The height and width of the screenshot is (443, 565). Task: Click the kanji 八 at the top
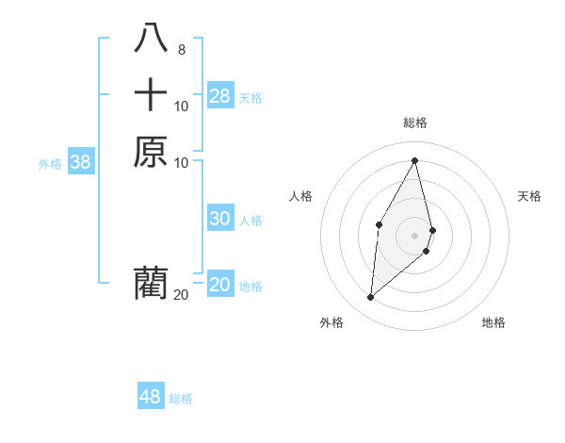(x=151, y=39)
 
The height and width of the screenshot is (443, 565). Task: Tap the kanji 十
(x=151, y=95)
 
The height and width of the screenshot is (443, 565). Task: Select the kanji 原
(x=151, y=152)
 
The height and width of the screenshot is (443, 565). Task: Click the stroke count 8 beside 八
(x=181, y=50)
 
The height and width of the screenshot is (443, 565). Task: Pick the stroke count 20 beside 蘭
(x=181, y=295)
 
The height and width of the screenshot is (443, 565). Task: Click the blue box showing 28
(x=220, y=96)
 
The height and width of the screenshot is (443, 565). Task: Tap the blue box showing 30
(x=220, y=219)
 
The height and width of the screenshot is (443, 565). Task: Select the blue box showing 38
(x=81, y=162)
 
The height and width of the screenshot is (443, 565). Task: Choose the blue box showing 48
(x=151, y=397)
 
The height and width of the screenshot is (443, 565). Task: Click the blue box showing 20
(x=220, y=285)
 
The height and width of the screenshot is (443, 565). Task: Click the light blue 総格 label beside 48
(x=181, y=399)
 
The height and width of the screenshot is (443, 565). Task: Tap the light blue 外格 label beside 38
(x=50, y=164)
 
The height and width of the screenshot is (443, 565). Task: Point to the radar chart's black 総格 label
(x=415, y=123)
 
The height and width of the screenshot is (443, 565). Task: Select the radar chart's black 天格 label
(x=529, y=196)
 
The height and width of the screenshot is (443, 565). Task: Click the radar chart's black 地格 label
(x=493, y=322)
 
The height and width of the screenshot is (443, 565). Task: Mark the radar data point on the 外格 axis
(x=371, y=298)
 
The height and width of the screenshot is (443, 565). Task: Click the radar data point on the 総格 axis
(x=415, y=160)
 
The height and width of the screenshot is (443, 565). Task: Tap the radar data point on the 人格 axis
(x=379, y=223)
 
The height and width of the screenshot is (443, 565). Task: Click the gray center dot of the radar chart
(x=415, y=235)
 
